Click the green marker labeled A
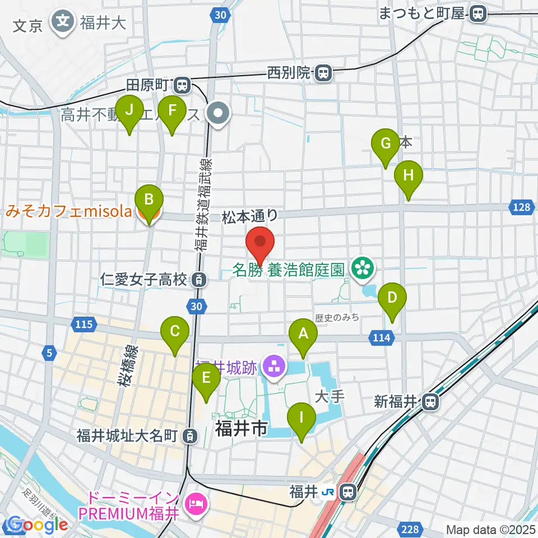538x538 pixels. pyautogui.click(x=303, y=335)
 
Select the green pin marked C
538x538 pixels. pyautogui.click(x=175, y=332)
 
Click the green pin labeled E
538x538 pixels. pyautogui.click(x=206, y=379)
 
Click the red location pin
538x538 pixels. pyautogui.click(x=260, y=242)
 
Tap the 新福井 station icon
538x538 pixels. pyautogui.click(x=430, y=401)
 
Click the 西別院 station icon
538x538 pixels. pyautogui.click(x=323, y=72)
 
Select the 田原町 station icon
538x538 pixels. pyautogui.click(x=182, y=85)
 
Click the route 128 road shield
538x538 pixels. pyautogui.click(x=521, y=208)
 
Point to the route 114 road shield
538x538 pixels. pyautogui.click(x=379, y=337)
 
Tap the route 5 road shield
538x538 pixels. pyautogui.click(x=50, y=353)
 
